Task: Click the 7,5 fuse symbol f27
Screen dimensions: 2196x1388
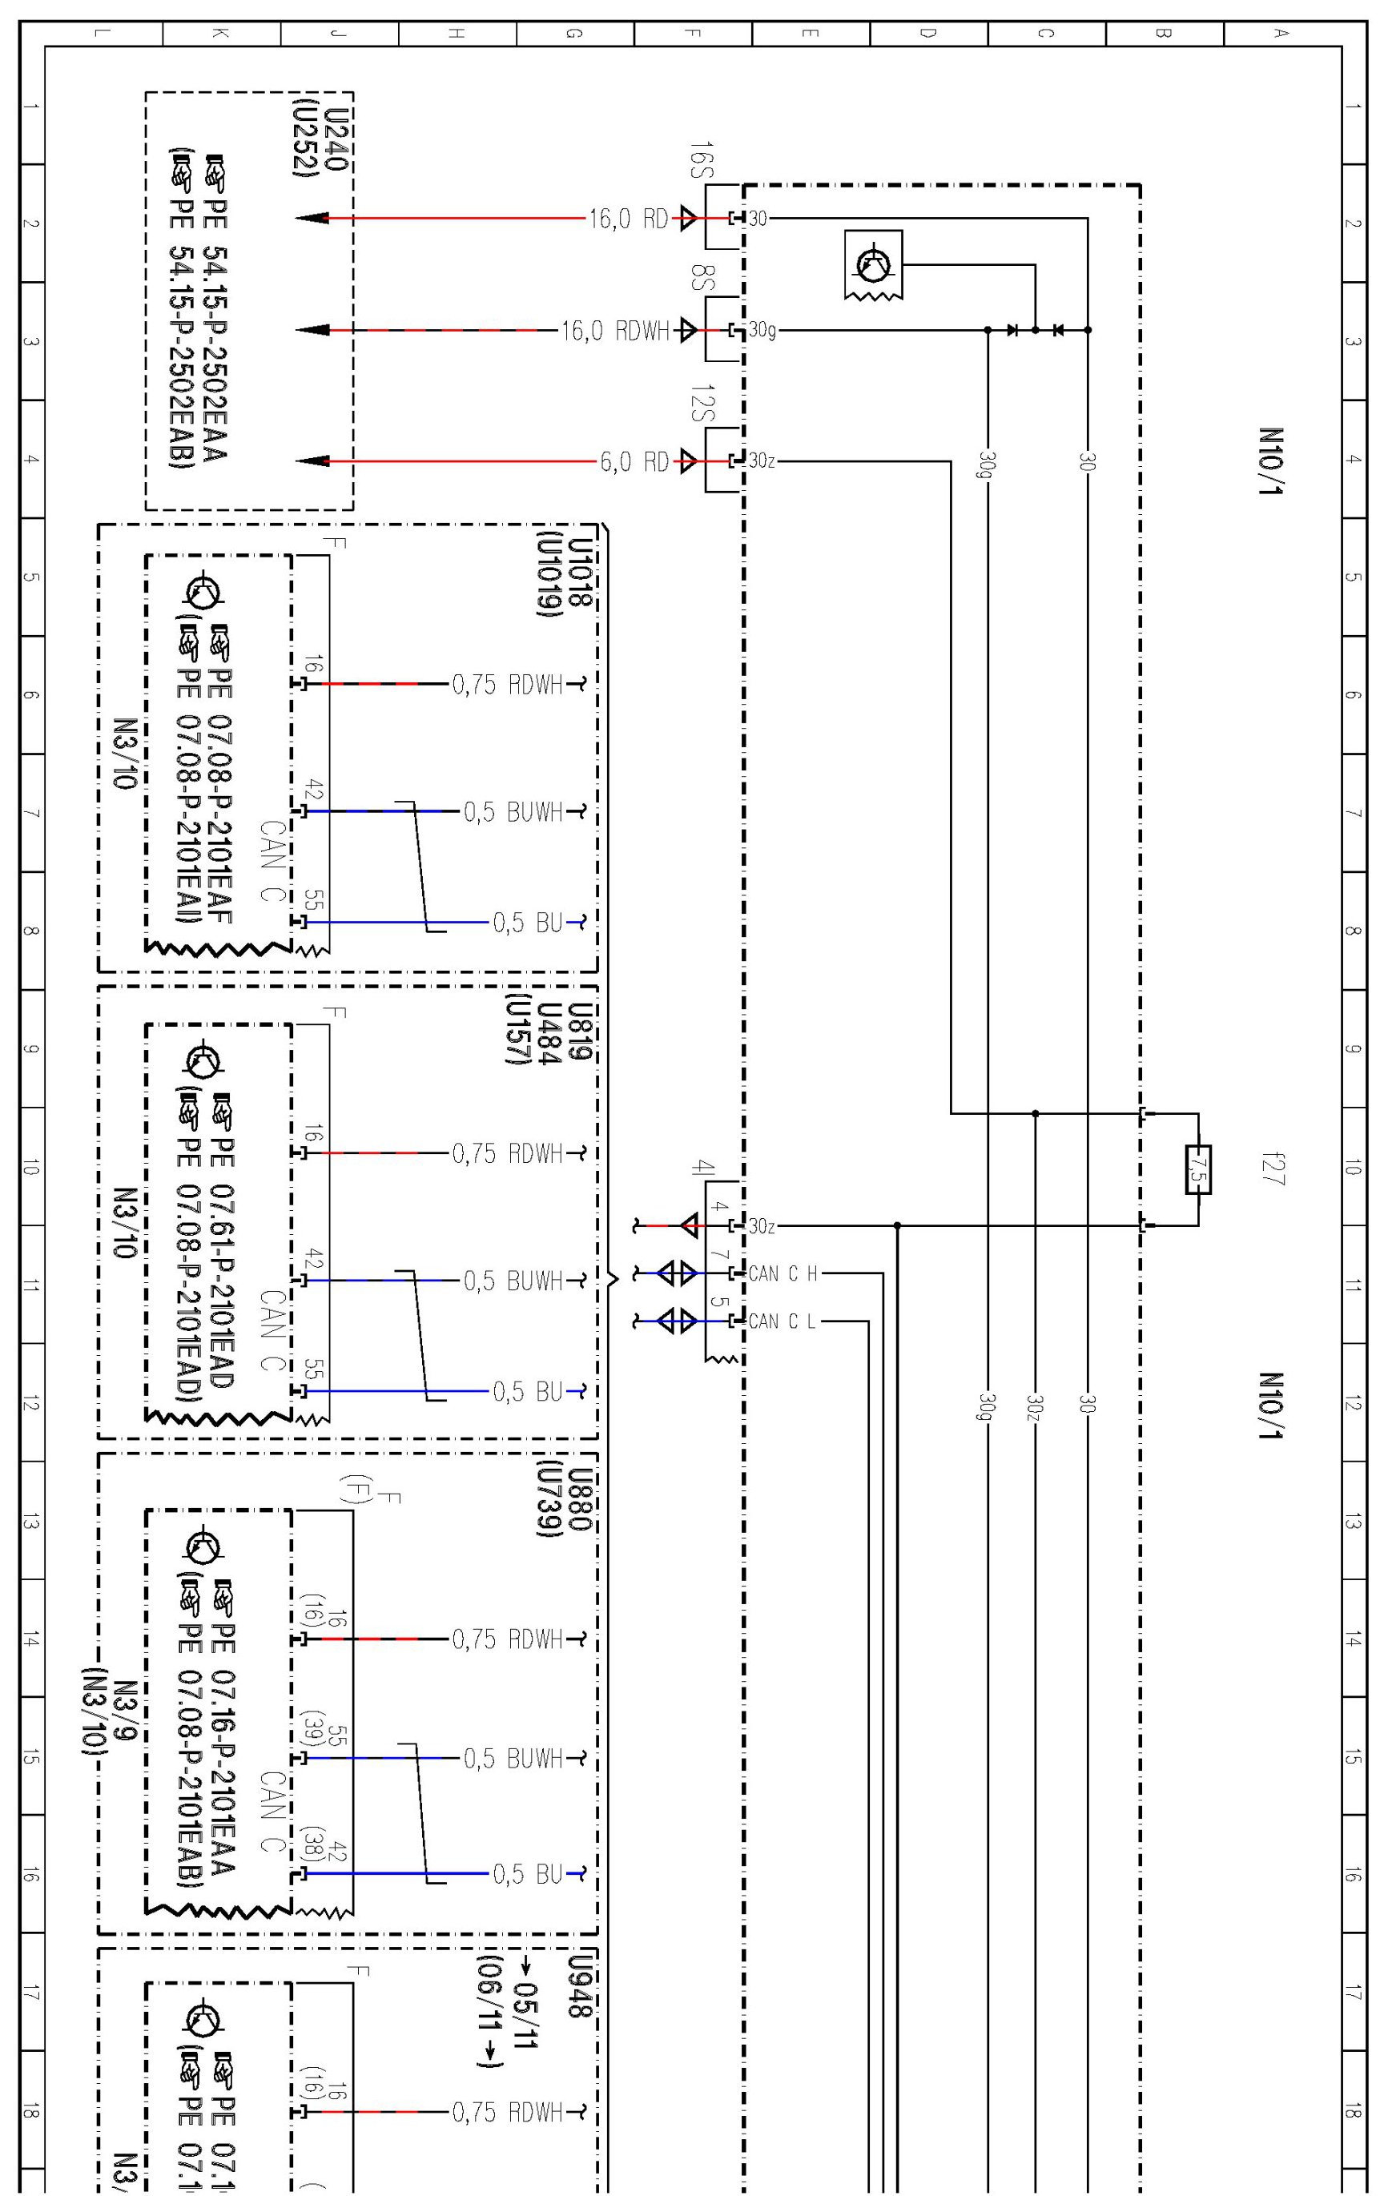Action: (x=1197, y=1169)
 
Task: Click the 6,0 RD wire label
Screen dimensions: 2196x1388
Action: (x=634, y=461)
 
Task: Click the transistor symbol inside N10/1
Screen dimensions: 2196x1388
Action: (x=873, y=264)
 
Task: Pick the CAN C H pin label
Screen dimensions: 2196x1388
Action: (x=783, y=1273)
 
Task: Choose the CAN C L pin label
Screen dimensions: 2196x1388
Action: (x=782, y=1321)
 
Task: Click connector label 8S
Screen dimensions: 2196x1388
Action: (x=700, y=278)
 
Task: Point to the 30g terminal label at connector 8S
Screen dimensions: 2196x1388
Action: (x=762, y=330)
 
